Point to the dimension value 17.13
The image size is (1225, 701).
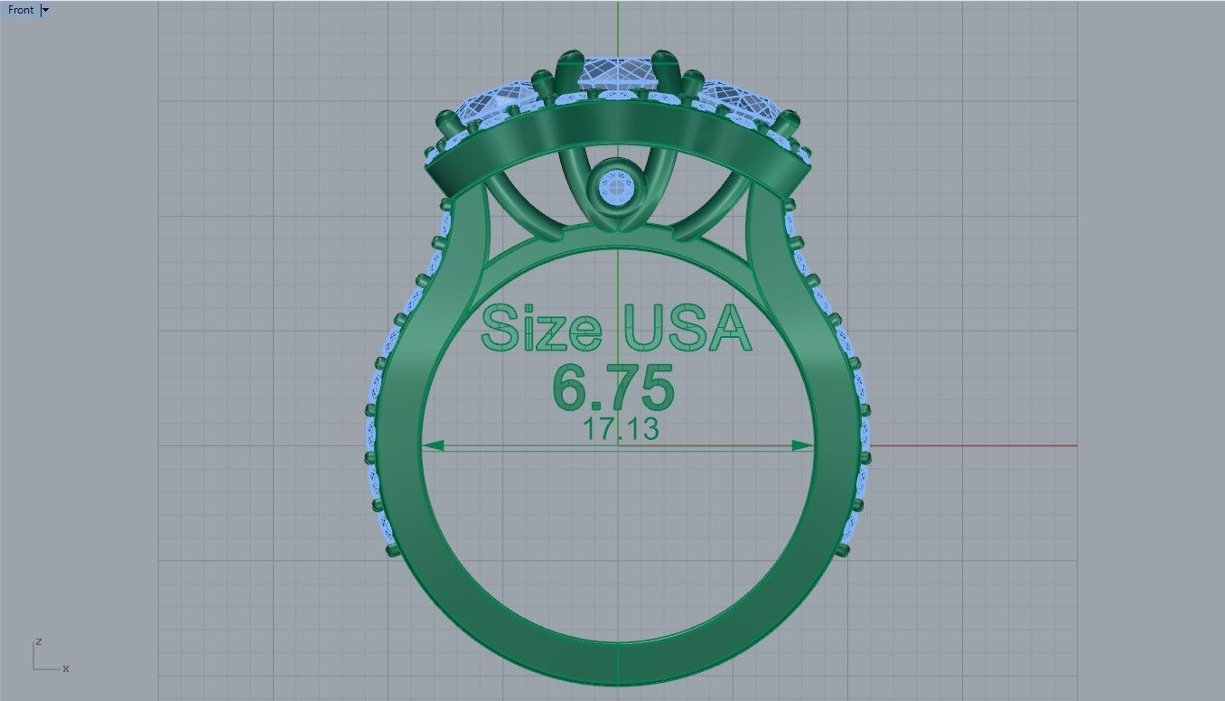(621, 430)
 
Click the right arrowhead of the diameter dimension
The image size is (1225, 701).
(801, 445)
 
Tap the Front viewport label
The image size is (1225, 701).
(20, 10)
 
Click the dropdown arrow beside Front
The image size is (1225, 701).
(46, 10)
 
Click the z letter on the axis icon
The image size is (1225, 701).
(38, 641)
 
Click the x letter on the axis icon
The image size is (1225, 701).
(66, 669)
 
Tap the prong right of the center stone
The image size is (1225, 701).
(669, 69)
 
